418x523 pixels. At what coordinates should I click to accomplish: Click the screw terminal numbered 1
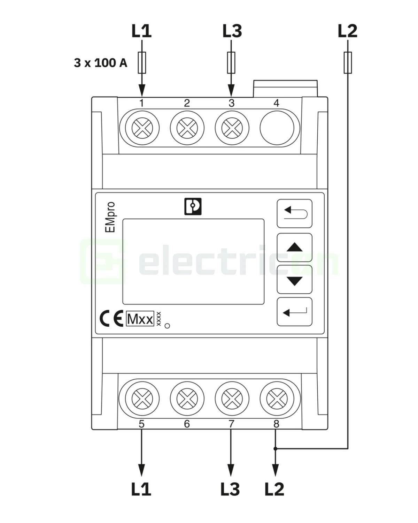(x=142, y=128)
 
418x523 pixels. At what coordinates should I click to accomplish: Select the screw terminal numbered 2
(x=187, y=128)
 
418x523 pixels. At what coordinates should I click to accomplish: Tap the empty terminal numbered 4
(x=277, y=128)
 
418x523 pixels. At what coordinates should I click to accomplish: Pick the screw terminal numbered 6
(x=187, y=399)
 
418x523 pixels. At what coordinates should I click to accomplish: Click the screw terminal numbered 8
(x=277, y=399)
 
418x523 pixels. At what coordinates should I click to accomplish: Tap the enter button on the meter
(x=294, y=312)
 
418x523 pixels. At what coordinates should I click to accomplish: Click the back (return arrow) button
(x=294, y=213)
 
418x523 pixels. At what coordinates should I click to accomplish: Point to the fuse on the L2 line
(x=348, y=63)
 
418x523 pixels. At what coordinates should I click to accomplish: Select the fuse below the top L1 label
(x=142, y=63)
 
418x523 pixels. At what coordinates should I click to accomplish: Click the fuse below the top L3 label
(x=231, y=63)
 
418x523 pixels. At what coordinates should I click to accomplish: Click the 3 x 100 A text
(x=101, y=63)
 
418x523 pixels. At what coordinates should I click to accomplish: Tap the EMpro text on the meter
(x=110, y=217)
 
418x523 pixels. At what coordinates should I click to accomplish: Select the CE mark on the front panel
(x=111, y=319)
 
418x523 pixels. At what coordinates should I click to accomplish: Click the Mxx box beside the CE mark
(x=140, y=319)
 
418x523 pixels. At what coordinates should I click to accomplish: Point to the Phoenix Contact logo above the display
(x=193, y=206)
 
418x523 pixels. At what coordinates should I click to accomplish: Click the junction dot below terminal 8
(x=276, y=448)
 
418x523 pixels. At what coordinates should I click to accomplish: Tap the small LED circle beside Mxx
(x=167, y=326)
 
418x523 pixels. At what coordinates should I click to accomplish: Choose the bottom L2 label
(x=274, y=489)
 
